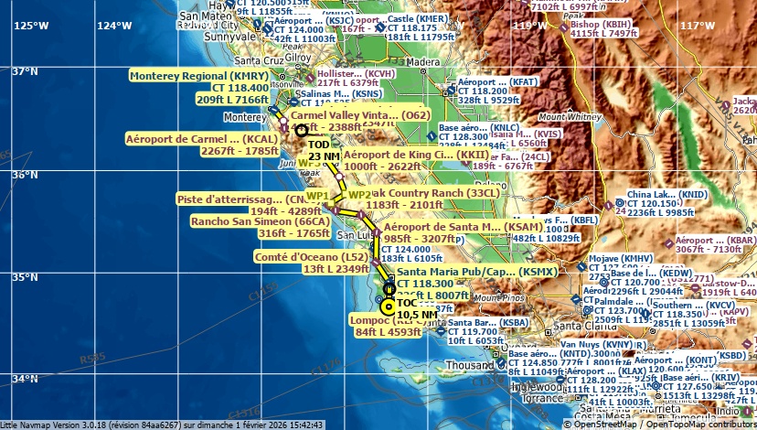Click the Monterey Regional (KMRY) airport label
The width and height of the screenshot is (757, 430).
click(x=199, y=76)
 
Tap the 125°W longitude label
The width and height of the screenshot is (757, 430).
click(x=31, y=25)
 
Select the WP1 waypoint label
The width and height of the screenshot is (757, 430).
click(x=317, y=196)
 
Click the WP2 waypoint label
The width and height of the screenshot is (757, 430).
click(x=359, y=195)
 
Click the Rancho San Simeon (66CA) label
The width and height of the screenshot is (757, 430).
click(x=260, y=221)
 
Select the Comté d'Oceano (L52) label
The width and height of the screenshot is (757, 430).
click(x=311, y=258)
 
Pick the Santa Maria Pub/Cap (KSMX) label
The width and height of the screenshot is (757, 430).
click(x=475, y=272)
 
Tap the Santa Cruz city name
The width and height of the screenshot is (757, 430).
click(x=233, y=60)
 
